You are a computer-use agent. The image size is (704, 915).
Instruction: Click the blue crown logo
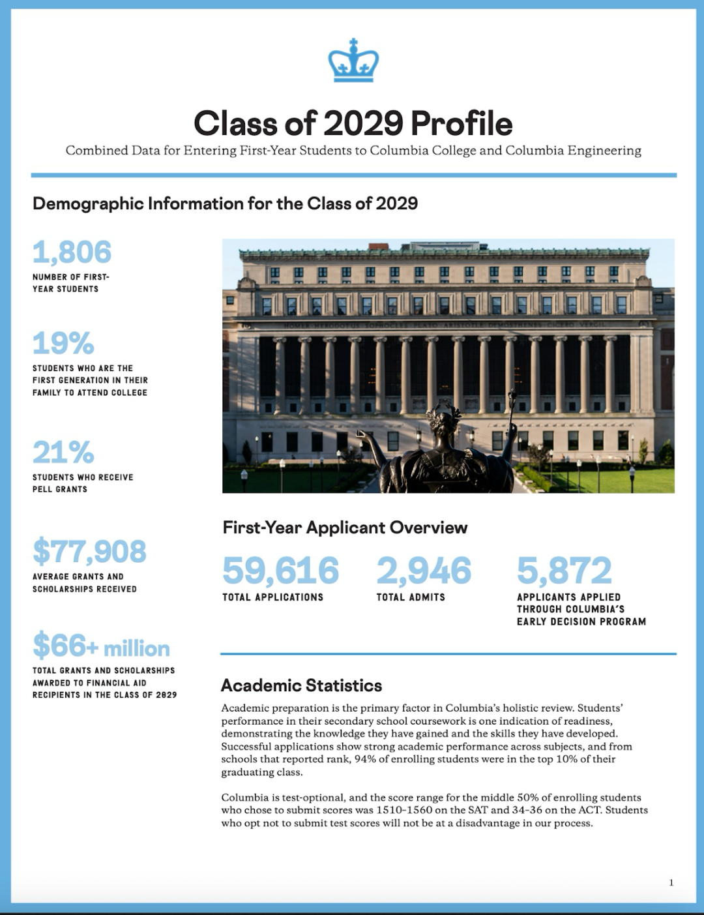pos(353,61)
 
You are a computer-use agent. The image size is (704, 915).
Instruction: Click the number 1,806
pos(72,252)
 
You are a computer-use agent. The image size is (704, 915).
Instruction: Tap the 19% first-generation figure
pos(63,344)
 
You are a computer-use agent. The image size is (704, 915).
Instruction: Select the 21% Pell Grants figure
pos(63,453)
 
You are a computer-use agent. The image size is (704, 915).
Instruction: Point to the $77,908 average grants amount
pos(89,552)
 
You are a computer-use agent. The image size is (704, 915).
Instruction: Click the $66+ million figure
pos(101,646)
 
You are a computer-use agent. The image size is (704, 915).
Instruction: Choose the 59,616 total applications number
pos(280,571)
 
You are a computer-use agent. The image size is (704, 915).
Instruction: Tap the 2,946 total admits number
pos(424,571)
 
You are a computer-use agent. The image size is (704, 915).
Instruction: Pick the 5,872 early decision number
pos(564,571)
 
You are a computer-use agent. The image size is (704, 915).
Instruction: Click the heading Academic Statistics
pos(301,685)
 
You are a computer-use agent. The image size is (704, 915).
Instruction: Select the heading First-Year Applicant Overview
pos(345,528)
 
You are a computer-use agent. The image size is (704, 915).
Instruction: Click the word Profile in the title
pos(462,123)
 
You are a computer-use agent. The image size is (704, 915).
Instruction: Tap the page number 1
pos(671,882)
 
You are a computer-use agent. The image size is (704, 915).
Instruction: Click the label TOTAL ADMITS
pos(411,597)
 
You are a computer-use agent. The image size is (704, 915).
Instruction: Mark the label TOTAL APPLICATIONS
pos(272,597)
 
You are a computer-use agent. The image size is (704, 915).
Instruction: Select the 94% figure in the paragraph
pos(365,759)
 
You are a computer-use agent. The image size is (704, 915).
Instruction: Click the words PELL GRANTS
pos(60,489)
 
